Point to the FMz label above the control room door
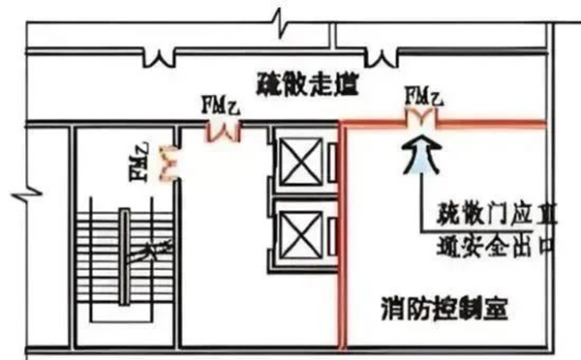tap(423, 96)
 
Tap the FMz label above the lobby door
tap(220, 103)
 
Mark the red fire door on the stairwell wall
tap(167, 164)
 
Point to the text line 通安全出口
tap(489, 245)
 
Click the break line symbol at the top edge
tap(278, 18)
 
